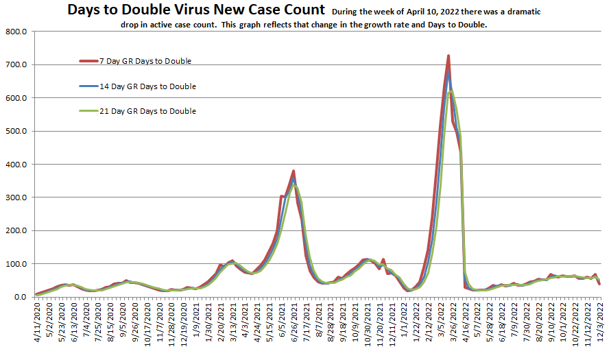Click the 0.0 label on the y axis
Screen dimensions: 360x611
click(20, 297)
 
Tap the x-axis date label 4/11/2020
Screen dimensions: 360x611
click(36, 325)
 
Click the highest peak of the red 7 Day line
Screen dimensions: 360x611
click(448, 56)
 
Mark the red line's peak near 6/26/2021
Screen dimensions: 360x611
click(293, 171)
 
